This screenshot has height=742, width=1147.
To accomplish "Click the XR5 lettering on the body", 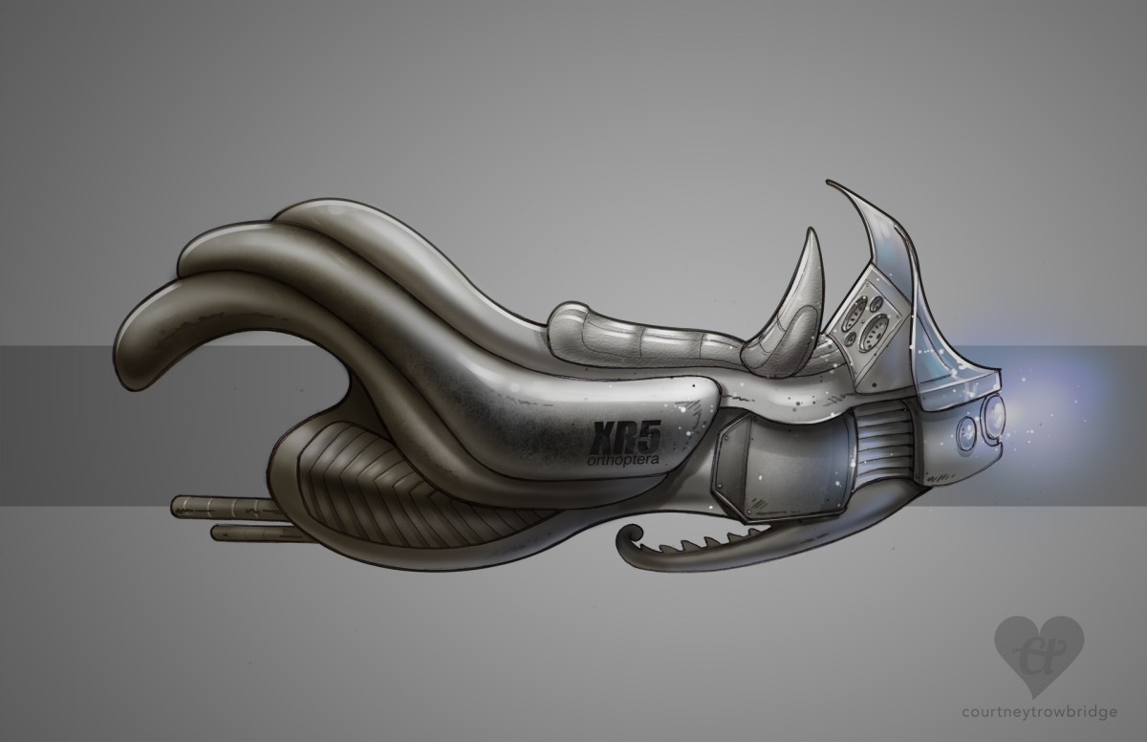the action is coord(626,438).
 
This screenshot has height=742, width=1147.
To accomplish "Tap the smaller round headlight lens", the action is coord(965,433).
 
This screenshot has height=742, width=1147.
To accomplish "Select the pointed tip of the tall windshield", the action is coord(828,181).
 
